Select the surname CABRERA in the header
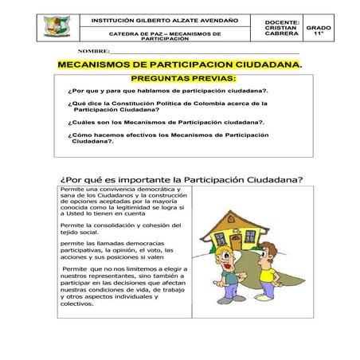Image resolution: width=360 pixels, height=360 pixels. point(282,33)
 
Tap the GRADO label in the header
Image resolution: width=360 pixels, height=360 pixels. point(319,27)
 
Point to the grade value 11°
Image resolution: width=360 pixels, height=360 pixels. point(319,34)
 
